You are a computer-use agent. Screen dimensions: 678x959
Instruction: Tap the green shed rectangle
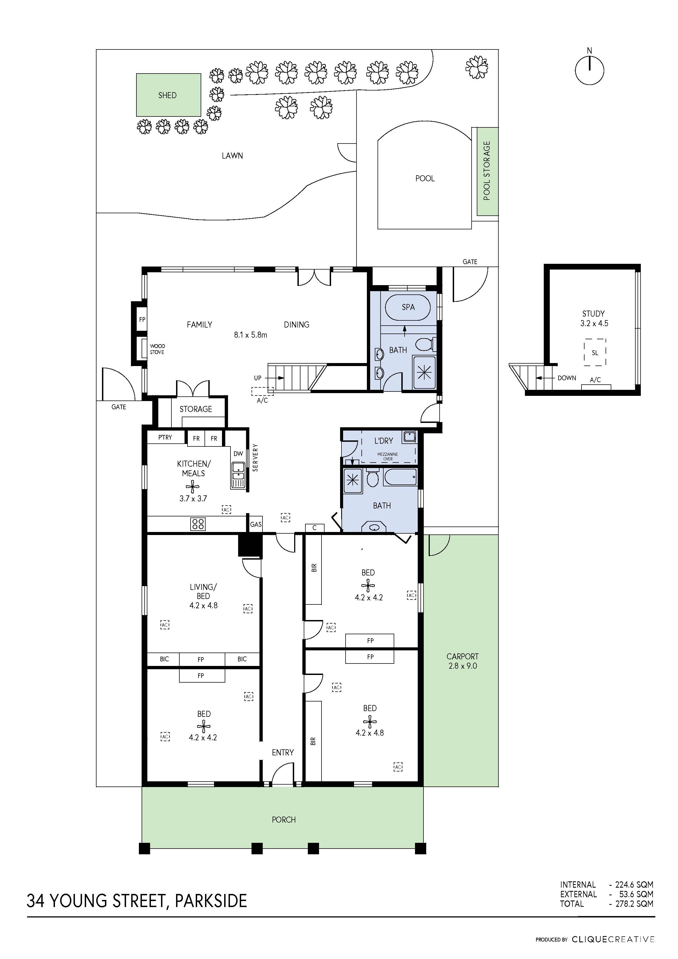point(169,95)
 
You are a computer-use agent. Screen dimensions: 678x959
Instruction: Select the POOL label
point(425,178)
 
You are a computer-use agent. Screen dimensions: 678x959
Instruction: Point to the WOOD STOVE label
point(157,349)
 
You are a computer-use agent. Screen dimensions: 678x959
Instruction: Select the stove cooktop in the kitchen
point(198,524)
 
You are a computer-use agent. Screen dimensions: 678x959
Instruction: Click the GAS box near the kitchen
point(256,524)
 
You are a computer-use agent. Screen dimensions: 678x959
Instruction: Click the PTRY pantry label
point(165,437)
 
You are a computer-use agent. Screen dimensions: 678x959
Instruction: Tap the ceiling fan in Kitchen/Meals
point(192,486)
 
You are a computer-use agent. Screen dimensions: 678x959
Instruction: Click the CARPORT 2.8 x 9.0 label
point(463,661)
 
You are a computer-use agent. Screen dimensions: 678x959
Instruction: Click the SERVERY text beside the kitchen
point(255,458)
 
